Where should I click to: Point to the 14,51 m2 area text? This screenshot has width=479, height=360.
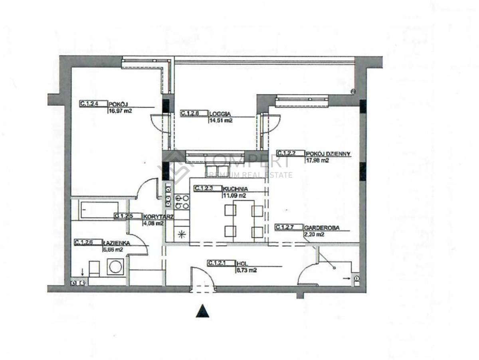tap(221, 120)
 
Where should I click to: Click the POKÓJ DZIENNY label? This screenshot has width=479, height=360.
tap(328, 153)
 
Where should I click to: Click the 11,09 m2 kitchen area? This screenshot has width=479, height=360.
tap(234, 196)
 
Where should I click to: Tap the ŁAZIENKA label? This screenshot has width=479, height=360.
tap(117, 242)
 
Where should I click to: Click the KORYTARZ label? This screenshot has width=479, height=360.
tap(153, 216)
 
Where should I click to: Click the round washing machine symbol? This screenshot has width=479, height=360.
tap(116, 267)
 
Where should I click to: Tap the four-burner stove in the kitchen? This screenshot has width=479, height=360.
tap(182, 202)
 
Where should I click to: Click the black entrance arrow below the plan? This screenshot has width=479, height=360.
tap(202, 311)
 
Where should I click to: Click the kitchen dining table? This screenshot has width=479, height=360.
tap(243, 220)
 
